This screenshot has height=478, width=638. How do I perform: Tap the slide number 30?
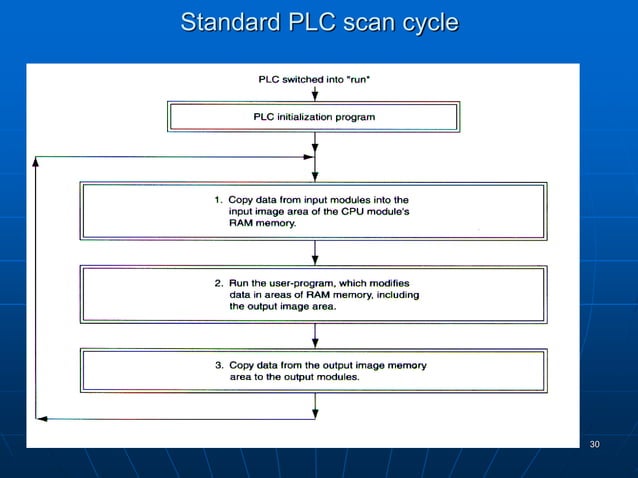[595, 444]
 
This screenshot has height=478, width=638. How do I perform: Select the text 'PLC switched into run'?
[315, 78]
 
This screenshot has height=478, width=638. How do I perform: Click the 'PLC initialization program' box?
[314, 117]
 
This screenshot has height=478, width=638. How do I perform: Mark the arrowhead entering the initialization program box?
[315, 98]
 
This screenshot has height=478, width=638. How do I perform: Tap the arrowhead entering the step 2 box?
[315, 259]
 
